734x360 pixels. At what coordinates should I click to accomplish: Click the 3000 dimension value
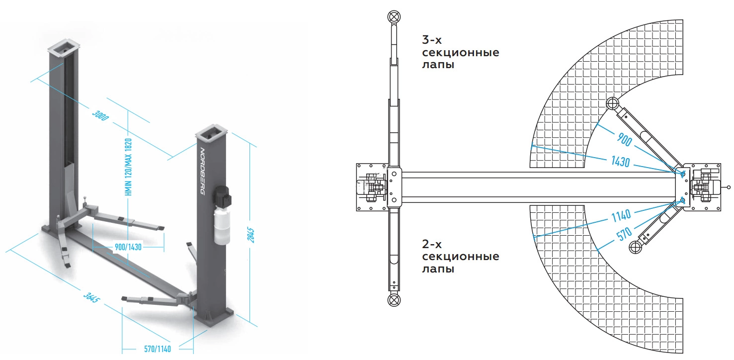tap(100, 115)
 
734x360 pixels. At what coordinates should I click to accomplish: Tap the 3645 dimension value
tap(91, 297)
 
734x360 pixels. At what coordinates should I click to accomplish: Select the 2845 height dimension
tap(250, 235)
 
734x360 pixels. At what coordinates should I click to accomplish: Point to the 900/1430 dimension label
tap(128, 247)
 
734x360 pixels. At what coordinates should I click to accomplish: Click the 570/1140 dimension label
tap(158, 349)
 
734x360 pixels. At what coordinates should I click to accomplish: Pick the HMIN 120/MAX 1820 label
tap(128, 167)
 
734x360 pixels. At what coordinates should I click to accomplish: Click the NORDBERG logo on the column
tap(202, 171)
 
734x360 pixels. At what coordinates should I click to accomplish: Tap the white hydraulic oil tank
tap(222, 227)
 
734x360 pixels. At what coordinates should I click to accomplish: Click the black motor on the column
tap(222, 196)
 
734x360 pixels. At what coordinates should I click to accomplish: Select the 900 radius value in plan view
tap(624, 140)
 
